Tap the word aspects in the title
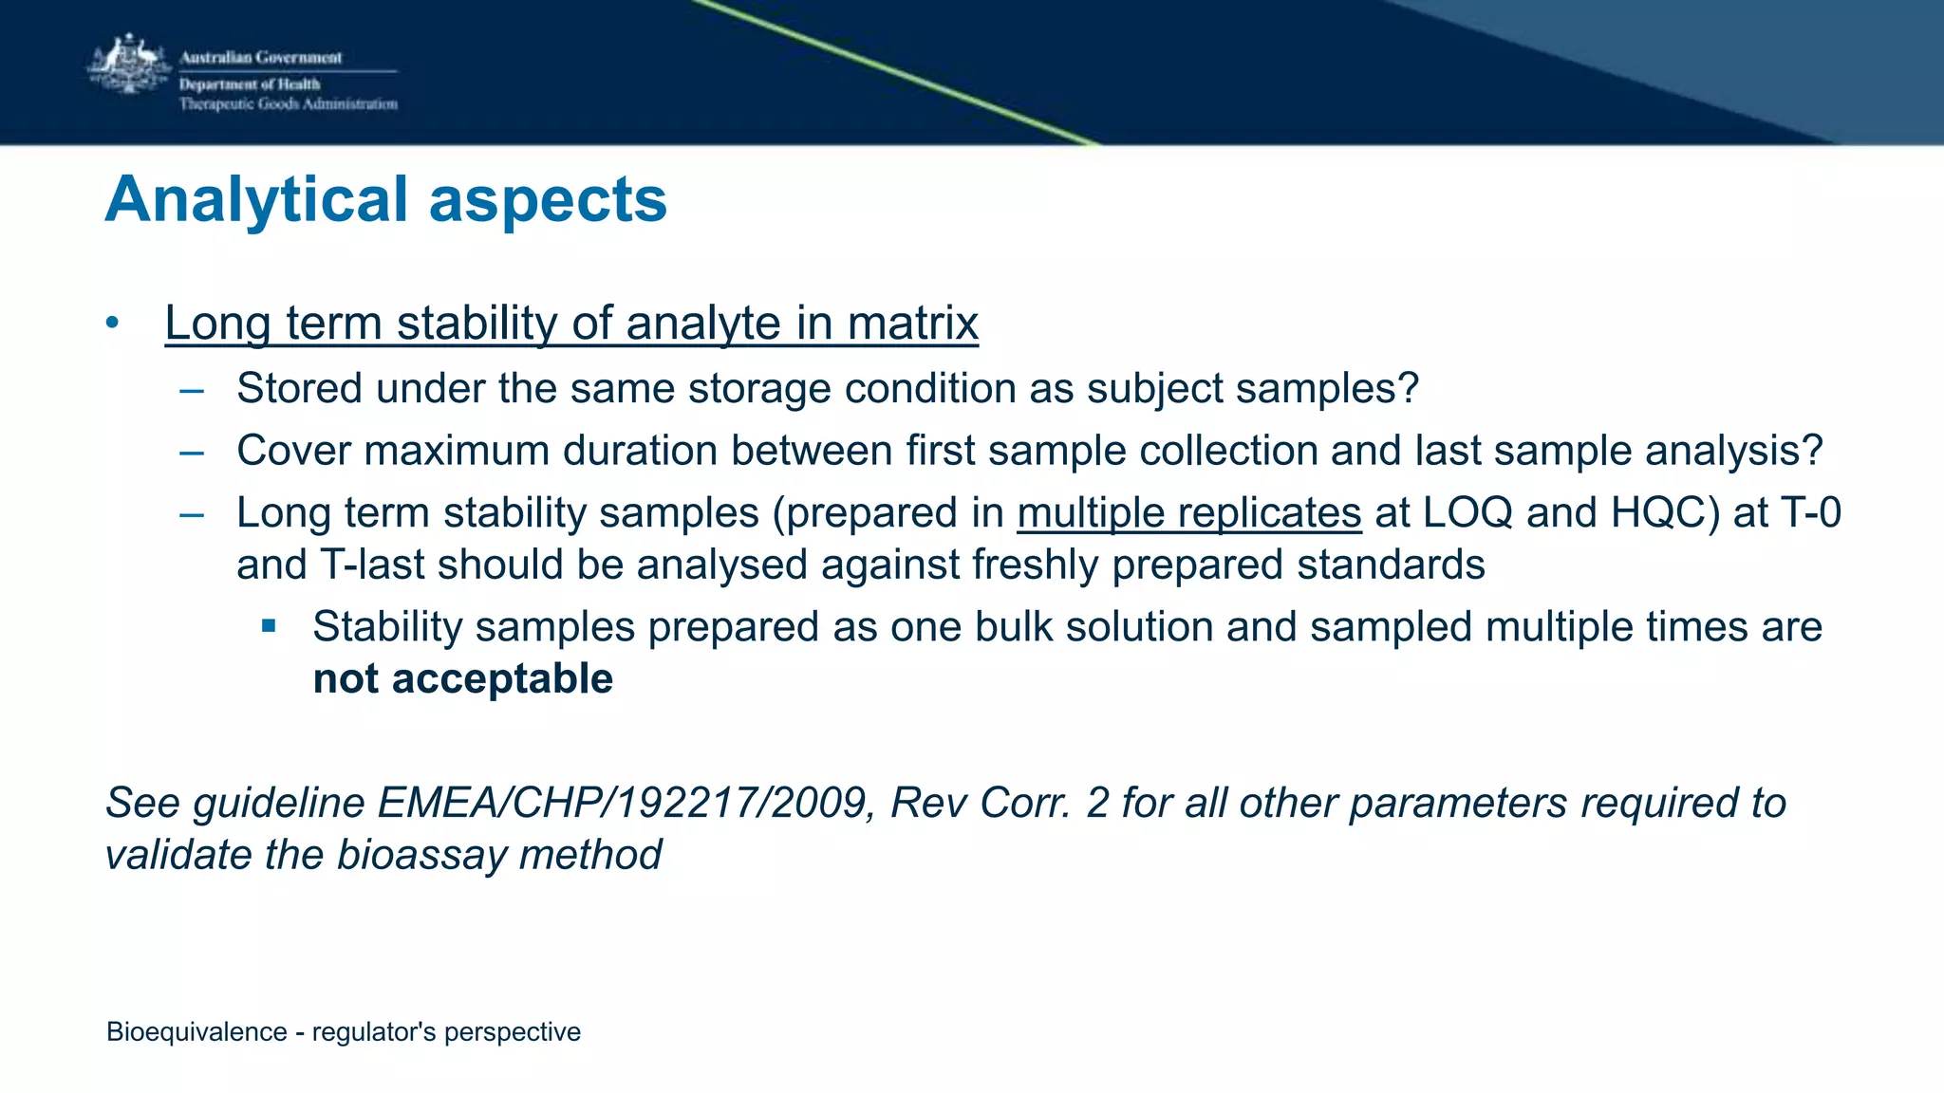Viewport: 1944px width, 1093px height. point(548,200)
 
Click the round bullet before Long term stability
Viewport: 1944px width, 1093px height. point(113,323)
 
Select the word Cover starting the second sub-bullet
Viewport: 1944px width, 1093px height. point(293,451)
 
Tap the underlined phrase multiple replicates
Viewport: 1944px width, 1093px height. point(1188,513)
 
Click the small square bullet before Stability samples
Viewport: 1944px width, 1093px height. point(269,626)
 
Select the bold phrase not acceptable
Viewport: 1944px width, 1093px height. point(462,679)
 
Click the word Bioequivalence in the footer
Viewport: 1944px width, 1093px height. point(196,1032)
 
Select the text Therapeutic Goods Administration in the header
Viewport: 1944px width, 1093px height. point(289,104)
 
